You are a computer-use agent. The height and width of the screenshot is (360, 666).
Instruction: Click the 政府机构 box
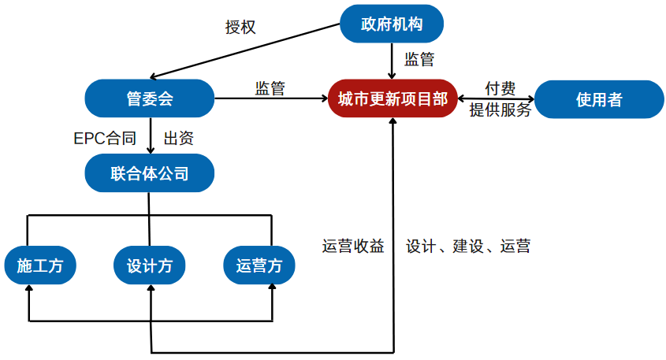[x=392, y=24]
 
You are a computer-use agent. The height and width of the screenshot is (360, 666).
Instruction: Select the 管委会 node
[x=150, y=98]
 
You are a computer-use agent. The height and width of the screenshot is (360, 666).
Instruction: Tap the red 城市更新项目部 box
[x=392, y=98]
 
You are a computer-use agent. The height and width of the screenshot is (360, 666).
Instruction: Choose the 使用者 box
[x=599, y=99]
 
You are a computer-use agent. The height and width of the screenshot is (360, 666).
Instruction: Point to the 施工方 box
[x=39, y=266]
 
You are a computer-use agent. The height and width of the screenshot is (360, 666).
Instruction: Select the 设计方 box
[x=150, y=266]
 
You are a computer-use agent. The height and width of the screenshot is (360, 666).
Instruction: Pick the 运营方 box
[x=259, y=266]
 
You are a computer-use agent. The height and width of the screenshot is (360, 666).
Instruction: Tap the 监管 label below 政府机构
[x=419, y=60]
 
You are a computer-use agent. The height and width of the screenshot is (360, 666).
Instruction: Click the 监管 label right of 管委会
[x=270, y=88]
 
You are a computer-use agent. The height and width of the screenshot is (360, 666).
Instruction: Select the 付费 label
[x=500, y=88]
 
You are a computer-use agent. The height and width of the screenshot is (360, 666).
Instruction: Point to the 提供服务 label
[x=500, y=110]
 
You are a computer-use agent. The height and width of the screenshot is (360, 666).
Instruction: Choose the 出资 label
[x=179, y=139]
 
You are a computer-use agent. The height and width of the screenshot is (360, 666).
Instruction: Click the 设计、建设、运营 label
[x=468, y=247]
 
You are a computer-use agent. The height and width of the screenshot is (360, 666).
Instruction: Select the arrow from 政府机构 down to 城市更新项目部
[x=392, y=60]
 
